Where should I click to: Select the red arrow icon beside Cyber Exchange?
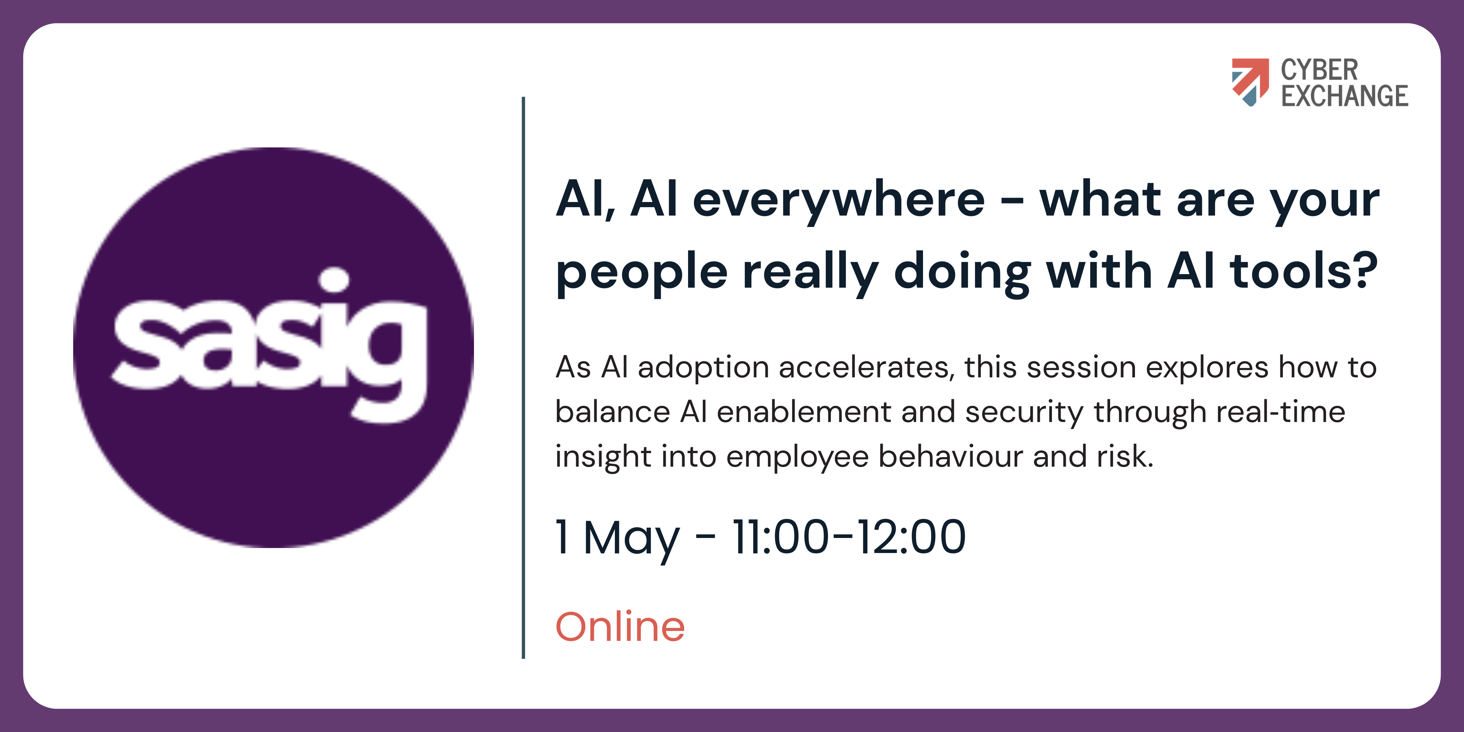point(1250,82)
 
